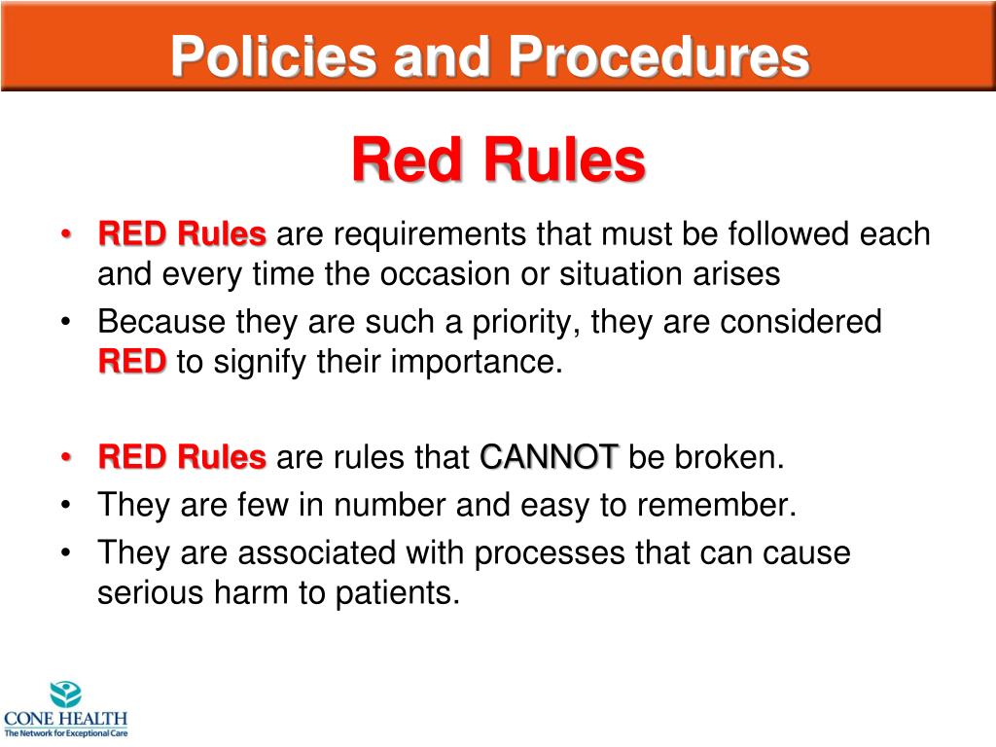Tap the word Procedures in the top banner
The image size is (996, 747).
[x=660, y=57]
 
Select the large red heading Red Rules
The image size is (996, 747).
[x=498, y=160]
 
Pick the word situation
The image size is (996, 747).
[x=625, y=274]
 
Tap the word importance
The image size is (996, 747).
[x=477, y=362]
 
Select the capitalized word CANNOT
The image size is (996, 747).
[x=550, y=457]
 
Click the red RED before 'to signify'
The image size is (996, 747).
[x=132, y=362]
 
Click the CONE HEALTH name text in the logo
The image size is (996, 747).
[x=65, y=719]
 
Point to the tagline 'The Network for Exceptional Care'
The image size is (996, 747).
[x=65, y=731]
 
